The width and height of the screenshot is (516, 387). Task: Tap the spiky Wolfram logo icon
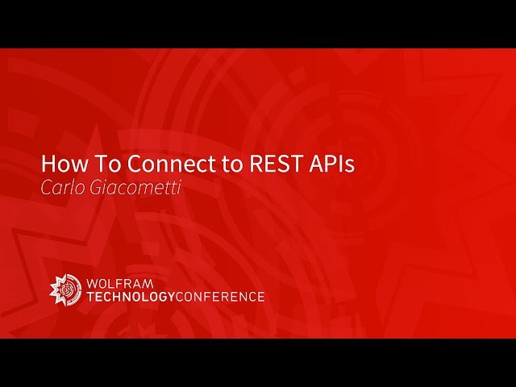[65, 288]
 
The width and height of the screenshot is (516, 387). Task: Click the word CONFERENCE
[219, 297]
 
